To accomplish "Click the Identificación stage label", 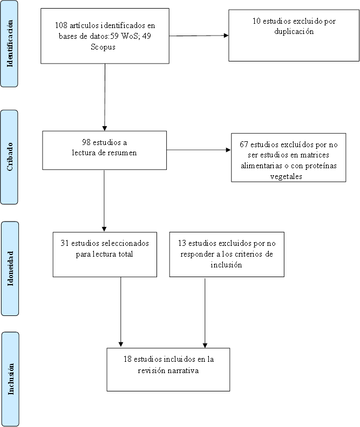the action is [x=10, y=44].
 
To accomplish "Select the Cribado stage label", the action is [x=10, y=157].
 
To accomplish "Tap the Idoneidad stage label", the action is [x=10, y=268].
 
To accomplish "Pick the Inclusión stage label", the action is [x=11, y=379].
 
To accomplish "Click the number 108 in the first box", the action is [x=61, y=25].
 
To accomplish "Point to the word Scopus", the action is [x=103, y=47].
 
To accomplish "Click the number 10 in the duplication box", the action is [x=256, y=21].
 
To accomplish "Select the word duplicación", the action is [x=294, y=31].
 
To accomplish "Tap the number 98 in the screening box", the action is [x=86, y=142].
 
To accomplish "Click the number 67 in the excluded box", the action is [x=244, y=144].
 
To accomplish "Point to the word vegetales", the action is [x=286, y=176].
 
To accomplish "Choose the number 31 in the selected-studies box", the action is [x=65, y=243].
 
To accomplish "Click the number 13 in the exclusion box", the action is [x=182, y=243].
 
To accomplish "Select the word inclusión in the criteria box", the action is [x=226, y=265].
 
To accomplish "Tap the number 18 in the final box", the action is [x=127, y=359].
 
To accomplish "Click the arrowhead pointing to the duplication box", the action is [x=226, y=36].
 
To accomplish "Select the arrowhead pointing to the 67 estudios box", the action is [x=228, y=150].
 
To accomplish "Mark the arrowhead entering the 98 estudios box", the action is [x=105, y=128].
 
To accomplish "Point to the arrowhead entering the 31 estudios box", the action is [x=104, y=229].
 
